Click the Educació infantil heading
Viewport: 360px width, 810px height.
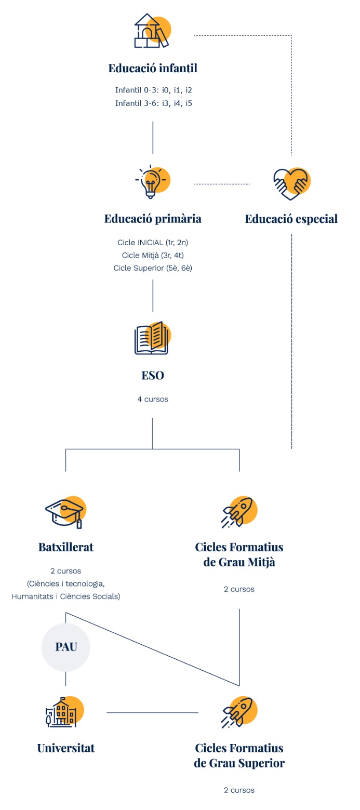(x=153, y=69)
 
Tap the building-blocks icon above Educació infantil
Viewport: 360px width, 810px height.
(x=152, y=32)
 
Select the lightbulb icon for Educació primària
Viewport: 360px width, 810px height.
(x=152, y=181)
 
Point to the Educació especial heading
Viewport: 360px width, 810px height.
(x=291, y=219)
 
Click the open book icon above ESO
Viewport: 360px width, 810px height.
(x=152, y=338)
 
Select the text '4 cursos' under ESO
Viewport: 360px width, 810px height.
(x=153, y=400)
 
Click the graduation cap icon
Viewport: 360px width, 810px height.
(x=65, y=511)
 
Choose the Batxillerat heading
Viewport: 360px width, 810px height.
(x=66, y=547)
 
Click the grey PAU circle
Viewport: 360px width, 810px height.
(x=66, y=647)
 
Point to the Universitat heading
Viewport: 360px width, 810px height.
(x=66, y=748)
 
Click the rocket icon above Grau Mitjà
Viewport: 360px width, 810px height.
(x=239, y=511)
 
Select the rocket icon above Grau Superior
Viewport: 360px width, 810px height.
(x=239, y=712)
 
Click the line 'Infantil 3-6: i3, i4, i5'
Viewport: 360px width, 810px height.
(x=154, y=103)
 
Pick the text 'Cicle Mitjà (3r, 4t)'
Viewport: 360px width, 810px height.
(x=153, y=255)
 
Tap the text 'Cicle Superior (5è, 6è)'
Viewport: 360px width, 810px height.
(x=153, y=268)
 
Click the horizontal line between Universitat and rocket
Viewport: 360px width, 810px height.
(x=152, y=712)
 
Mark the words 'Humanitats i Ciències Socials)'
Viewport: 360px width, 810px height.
(x=66, y=596)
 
